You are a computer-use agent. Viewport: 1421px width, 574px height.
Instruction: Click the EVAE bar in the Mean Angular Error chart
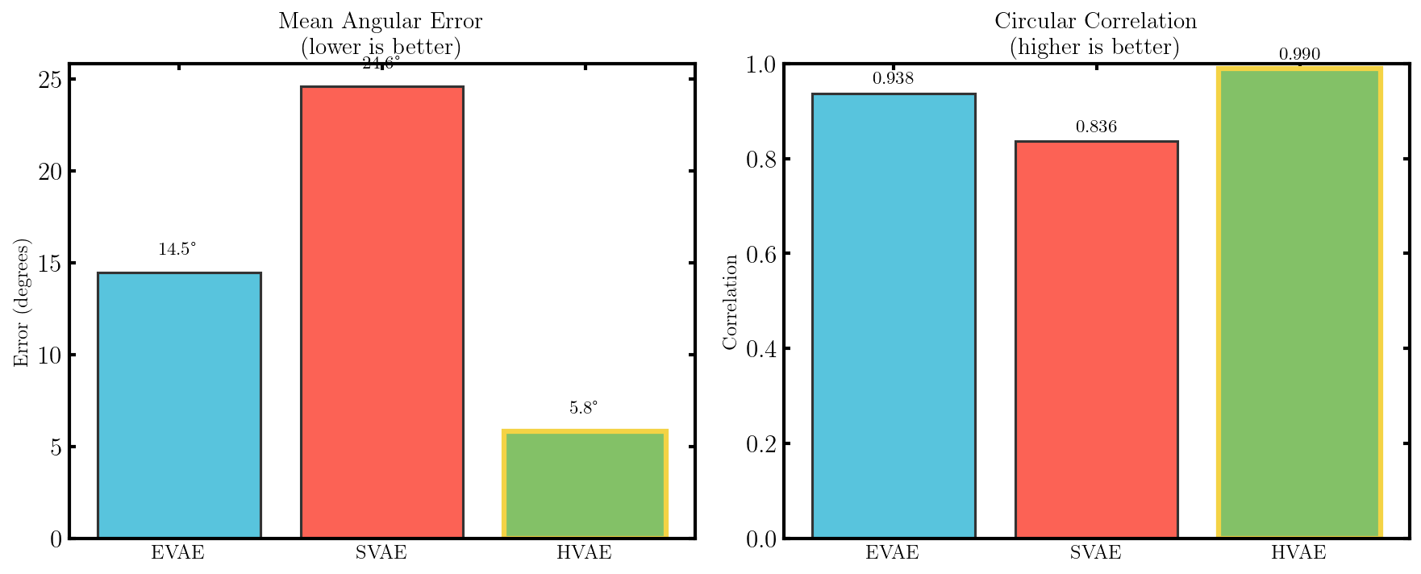[179, 405]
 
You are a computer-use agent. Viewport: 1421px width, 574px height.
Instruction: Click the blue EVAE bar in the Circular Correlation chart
[894, 315]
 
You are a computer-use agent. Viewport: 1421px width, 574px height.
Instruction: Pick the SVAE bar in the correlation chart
[1096, 339]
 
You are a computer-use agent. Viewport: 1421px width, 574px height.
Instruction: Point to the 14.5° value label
[177, 250]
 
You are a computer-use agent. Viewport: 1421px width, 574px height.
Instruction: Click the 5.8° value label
[584, 408]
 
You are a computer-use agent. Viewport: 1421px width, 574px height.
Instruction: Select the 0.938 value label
[894, 79]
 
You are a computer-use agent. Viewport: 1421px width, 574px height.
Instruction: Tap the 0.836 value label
[1096, 127]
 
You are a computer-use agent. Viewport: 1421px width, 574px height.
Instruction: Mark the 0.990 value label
[1299, 55]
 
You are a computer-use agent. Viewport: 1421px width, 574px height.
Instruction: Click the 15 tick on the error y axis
[50, 263]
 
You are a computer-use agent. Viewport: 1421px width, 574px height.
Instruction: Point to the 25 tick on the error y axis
[50, 80]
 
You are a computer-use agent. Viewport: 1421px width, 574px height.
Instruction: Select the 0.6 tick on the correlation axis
[761, 254]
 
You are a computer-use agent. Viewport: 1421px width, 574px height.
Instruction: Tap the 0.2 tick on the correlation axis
[761, 443]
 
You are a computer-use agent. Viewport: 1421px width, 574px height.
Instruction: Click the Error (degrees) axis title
[22, 302]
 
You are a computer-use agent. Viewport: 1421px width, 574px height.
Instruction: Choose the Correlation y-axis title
[731, 302]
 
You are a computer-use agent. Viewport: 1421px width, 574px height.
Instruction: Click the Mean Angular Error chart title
[381, 22]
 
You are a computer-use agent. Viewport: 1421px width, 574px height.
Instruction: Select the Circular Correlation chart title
[1095, 22]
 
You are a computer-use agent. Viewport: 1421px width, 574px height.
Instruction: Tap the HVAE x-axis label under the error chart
[584, 553]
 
